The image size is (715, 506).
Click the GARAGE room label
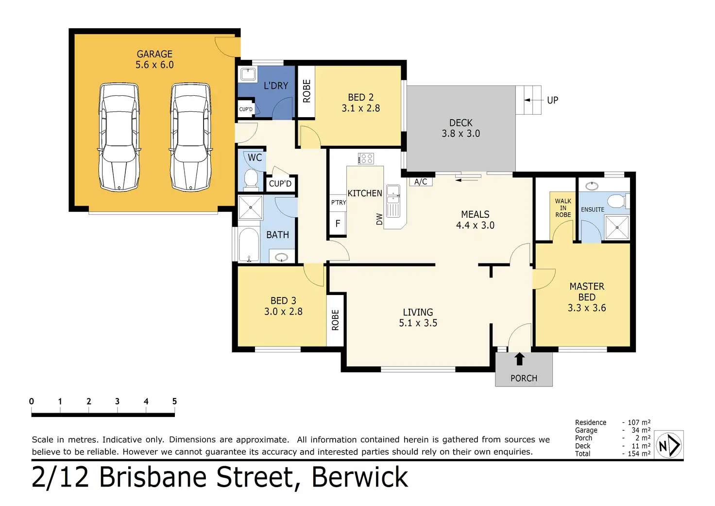[154, 54]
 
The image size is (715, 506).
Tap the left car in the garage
[119, 138]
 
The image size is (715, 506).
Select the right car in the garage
[190, 138]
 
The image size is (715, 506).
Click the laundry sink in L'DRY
[248, 74]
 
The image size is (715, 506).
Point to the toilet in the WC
[251, 179]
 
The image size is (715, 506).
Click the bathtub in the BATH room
[249, 244]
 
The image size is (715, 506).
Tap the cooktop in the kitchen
[366, 158]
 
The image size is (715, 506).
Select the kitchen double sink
[393, 201]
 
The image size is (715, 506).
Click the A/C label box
[421, 182]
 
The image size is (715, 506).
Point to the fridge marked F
[338, 224]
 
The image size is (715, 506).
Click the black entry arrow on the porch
[519, 359]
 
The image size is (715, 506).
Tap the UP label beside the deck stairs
[553, 100]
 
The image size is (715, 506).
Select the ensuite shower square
[617, 227]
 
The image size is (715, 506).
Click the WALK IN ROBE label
[563, 208]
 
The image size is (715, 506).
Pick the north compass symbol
[669, 445]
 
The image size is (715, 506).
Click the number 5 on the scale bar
[174, 401]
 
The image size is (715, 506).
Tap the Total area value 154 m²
[639, 454]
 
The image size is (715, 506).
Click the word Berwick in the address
[360, 477]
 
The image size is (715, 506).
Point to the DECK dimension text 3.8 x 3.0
[460, 134]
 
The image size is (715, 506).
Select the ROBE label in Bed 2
[306, 91]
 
